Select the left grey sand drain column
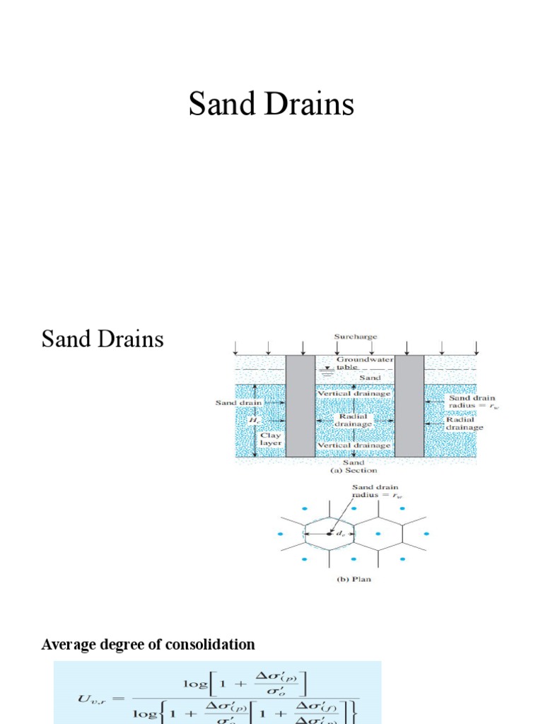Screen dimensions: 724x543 [300, 406]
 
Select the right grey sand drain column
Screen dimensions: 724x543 [409, 406]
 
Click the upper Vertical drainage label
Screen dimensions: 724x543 [354, 393]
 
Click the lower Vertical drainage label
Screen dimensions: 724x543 [354, 445]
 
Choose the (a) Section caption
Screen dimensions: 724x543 [354, 470]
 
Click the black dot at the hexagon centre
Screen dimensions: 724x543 [329, 532]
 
